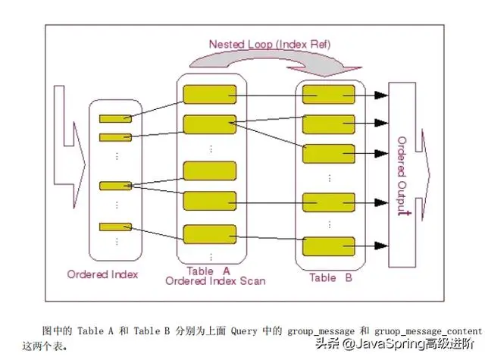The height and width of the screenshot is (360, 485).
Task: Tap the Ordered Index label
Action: (103, 274)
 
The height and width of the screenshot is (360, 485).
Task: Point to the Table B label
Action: (330, 277)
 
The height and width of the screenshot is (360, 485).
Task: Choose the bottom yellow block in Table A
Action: (209, 234)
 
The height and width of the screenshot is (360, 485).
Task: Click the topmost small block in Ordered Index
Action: (115, 119)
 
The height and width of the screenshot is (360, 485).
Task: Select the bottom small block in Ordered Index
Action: (115, 227)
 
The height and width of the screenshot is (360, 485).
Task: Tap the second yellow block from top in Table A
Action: (209, 124)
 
